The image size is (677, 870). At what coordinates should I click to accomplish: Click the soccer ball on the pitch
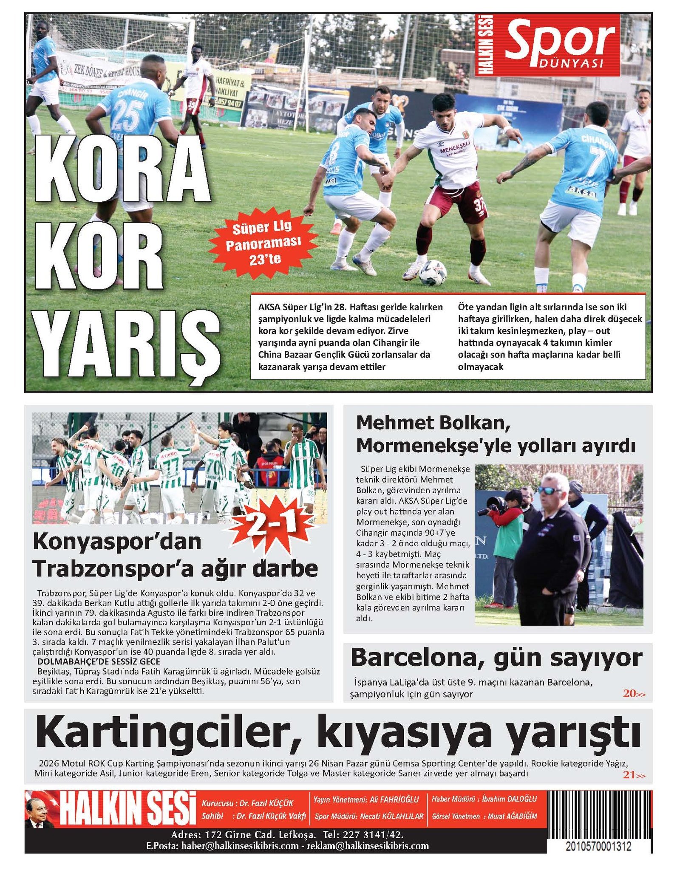point(432,273)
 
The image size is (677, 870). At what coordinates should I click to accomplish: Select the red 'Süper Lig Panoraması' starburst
point(263,243)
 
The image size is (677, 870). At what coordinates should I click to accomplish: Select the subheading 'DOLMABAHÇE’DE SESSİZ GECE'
point(99,661)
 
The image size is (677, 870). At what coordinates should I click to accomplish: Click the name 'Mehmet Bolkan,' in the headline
point(433,423)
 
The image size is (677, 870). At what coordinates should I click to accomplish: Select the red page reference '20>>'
point(634,694)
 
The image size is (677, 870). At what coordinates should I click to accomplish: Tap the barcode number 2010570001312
point(598,846)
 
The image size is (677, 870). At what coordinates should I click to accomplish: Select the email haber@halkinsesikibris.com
point(240,845)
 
